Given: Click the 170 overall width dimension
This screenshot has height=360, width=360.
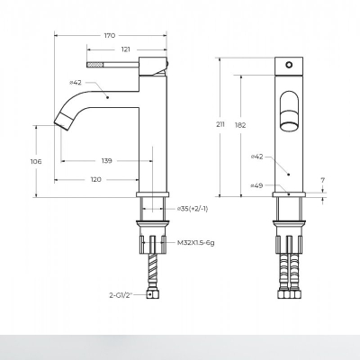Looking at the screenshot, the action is click(x=110, y=36).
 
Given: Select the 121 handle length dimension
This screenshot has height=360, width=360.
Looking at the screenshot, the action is click(x=126, y=49).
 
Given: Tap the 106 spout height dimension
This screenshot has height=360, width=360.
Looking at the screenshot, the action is click(x=36, y=162).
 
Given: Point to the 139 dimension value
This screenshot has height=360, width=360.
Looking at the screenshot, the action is click(x=106, y=161).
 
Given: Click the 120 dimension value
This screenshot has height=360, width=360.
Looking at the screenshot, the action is click(x=96, y=179).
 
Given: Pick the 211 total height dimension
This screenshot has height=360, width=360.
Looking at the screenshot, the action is click(x=220, y=125).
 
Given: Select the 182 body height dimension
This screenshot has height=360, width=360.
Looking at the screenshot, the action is click(x=240, y=125).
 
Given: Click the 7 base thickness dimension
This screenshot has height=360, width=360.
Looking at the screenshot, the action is click(x=323, y=180).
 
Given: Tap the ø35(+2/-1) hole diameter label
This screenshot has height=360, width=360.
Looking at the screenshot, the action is click(x=193, y=209).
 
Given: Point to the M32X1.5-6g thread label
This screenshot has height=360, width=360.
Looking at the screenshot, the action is click(x=196, y=243).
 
